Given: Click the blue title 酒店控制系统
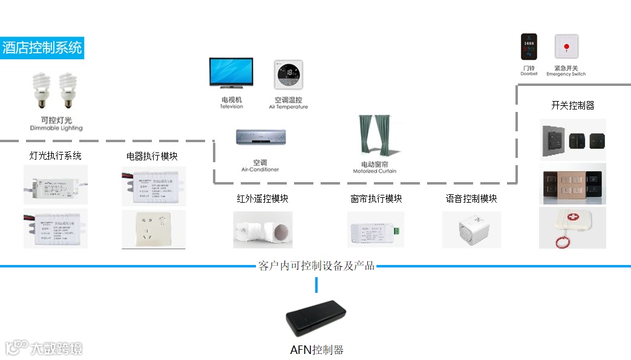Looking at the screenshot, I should pos(42,48).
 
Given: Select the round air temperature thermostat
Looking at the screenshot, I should pos(288,74).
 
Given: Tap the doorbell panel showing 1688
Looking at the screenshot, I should pos(529,47).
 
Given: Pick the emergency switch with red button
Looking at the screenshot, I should pos(566,47).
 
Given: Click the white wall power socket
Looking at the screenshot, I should pos(154,229).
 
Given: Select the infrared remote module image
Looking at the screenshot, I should pos(263,230).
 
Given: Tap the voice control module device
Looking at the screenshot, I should pos(471,229).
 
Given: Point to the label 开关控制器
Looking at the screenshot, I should pos(572,105).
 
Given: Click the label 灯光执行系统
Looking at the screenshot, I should pos(56,155).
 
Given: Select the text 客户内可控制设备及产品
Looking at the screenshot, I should pos(316,266).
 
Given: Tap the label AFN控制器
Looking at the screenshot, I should pos(316,350).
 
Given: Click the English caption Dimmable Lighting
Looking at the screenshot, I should pos(56,128).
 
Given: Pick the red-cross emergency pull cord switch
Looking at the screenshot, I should pos(572,228).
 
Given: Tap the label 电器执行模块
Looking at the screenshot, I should pos(152,156).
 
